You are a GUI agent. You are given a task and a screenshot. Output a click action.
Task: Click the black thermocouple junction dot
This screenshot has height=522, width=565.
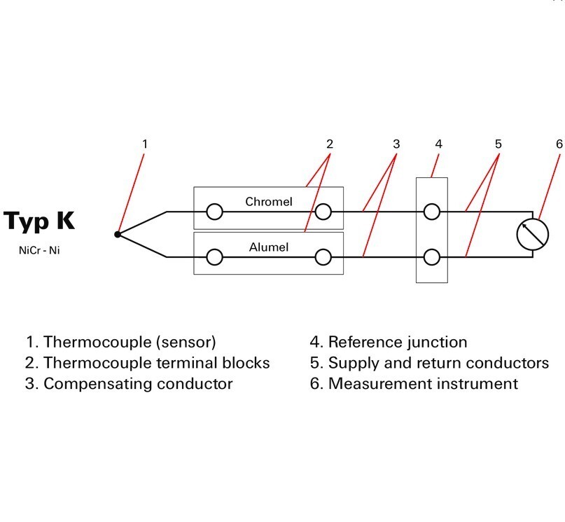click(118, 234)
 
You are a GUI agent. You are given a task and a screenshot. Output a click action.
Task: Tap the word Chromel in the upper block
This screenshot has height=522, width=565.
click(268, 202)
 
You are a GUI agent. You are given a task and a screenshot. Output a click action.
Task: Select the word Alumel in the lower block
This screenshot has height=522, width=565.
click(269, 247)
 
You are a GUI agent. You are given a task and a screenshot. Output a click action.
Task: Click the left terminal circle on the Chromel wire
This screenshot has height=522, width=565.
click(214, 212)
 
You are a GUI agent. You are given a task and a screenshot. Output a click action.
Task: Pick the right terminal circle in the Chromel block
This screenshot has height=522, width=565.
click(323, 212)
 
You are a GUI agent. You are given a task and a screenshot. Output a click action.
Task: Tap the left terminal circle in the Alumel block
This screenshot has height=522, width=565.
click(214, 257)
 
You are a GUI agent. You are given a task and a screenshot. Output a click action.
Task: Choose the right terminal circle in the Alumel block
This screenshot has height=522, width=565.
click(323, 257)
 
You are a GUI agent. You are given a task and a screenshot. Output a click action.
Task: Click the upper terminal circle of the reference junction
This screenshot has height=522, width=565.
click(432, 212)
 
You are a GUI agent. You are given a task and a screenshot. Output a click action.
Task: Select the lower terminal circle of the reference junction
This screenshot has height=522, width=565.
click(432, 257)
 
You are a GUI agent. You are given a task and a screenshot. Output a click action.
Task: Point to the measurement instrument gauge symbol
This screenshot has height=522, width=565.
click(533, 234)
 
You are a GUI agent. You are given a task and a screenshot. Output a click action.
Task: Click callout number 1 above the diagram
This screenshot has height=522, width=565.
click(145, 144)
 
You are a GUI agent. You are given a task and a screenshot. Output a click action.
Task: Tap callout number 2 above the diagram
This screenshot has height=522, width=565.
click(330, 144)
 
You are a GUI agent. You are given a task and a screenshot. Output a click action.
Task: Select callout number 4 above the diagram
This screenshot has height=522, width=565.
click(438, 144)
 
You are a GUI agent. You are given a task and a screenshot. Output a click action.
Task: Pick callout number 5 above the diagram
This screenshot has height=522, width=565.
click(498, 144)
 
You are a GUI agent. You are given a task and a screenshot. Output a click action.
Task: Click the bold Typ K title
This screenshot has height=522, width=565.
click(39, 221)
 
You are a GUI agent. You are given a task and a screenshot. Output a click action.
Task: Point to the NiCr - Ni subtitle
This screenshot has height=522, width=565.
click(39, 250)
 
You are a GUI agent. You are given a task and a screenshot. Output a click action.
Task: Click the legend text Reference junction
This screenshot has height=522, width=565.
click(398, 343)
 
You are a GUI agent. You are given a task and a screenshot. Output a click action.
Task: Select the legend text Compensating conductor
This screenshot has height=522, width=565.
click(138, 384)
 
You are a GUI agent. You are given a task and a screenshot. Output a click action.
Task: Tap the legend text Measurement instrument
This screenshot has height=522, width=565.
click(424, 383)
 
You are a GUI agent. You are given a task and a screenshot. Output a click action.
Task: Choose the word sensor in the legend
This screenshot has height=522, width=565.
click(186, 343)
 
